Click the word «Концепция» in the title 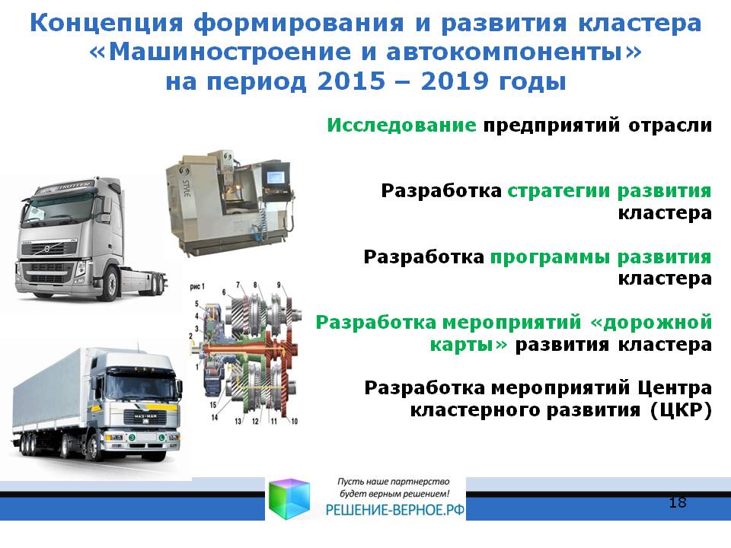pos(107,24)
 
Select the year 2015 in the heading pos(352,81)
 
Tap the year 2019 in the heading pos(455,81)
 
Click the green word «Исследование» pos(401,125)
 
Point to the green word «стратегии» pos(558,191)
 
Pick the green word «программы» pos(550,256)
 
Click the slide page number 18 pos(678,502)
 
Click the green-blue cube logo pos(289,499)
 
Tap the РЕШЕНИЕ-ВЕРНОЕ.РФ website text pos(395,510)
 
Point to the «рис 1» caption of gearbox pos(197,287)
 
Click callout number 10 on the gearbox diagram pos(294,421)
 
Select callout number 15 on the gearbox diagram pos(213,405)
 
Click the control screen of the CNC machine pos(274,177)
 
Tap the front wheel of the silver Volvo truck pos(111,283)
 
